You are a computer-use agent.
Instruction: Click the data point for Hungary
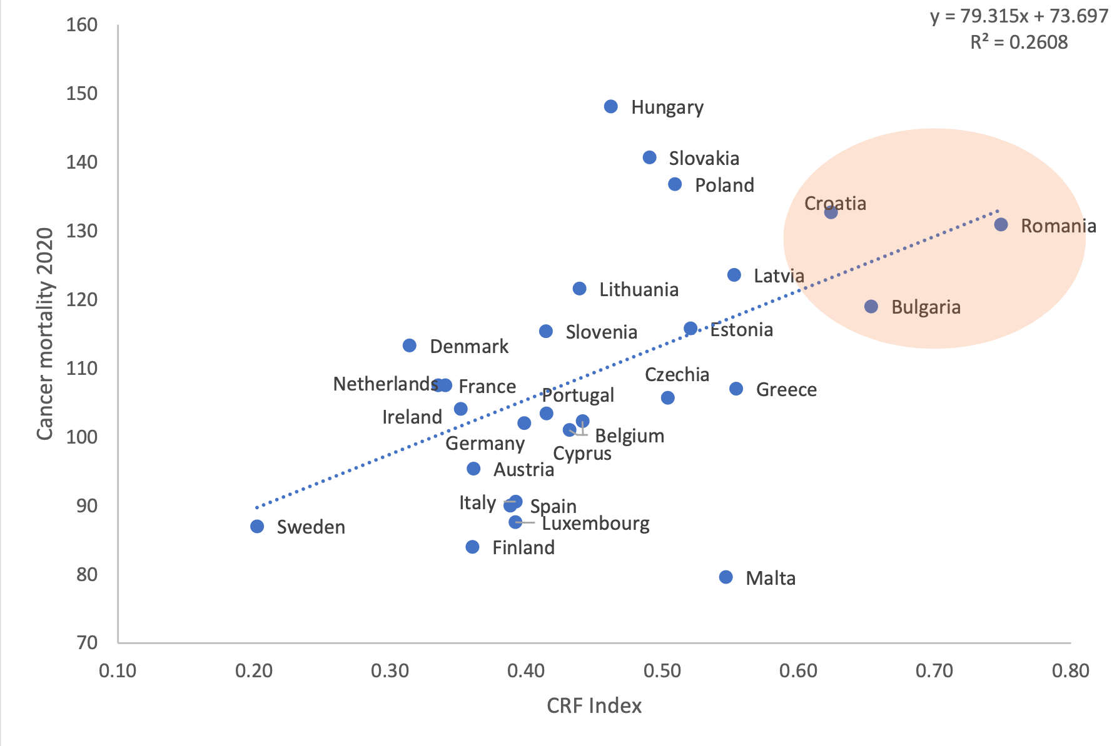(611, 107)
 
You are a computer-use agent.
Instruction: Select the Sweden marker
(257, 527)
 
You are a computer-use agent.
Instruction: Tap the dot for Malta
(726, 577)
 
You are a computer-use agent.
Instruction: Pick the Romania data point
(1001, 225)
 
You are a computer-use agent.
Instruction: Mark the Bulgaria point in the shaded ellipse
(871, 307)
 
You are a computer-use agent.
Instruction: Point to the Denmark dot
(410, 346)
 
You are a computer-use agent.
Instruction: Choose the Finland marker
(473, 547)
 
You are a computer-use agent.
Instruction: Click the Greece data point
(736, 389)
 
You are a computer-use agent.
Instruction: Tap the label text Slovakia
(704, 159)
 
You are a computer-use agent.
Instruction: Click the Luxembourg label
(595, 524)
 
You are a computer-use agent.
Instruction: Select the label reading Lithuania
(639, 290)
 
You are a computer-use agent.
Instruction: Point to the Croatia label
(835, 204)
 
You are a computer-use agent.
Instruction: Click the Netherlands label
(385, 384)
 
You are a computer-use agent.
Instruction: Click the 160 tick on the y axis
(82, 25)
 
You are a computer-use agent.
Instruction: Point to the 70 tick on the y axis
(87, 643)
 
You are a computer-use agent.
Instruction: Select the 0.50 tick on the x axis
(662, 671)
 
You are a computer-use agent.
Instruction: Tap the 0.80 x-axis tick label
(1071, 671)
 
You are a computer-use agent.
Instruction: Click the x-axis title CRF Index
(594, 706)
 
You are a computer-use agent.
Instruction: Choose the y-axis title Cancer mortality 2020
(45, 334)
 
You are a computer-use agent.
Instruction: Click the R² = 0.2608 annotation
(1019, 42)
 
